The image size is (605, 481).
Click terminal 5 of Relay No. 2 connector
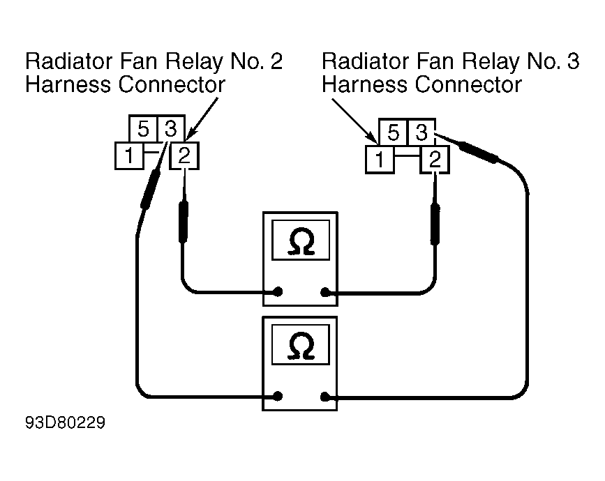pyautogui.click(x=143, y=129)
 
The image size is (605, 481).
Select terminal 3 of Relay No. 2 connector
pyautogui.click(x=171, y=129)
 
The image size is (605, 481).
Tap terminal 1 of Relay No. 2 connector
pyautogui.click(x=129, y=155)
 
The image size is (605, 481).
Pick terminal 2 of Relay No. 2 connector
pyautogui.click(x=184, y=155)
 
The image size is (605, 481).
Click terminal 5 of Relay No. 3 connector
pyautogui.click(x=393, y=132)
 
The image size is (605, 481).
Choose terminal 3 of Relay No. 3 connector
pyautogui.click(x=421, y=132)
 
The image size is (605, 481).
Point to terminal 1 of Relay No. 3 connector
pyautogui.click(x=380, y=160)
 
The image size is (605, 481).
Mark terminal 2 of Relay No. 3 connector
pyautogui.click(x=435, y=160)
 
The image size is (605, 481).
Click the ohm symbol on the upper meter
pyautogui.click(x=301, y=242)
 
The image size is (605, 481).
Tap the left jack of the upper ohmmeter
pyautogui.click(x=278, y=292)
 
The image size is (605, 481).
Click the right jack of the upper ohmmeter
pyautogui.click(x=325, y=293)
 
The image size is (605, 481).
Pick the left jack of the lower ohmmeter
pyautogui.click(x=278, y=396)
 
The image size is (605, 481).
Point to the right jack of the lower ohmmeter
pyautogui.click(x=325, y=397)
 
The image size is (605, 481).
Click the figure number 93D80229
pyautogui.click(x=65, y=423)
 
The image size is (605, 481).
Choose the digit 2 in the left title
pyautogui.click(x=276, y=61)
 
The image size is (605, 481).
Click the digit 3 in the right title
pyautogui.click(x=573, y=61)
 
